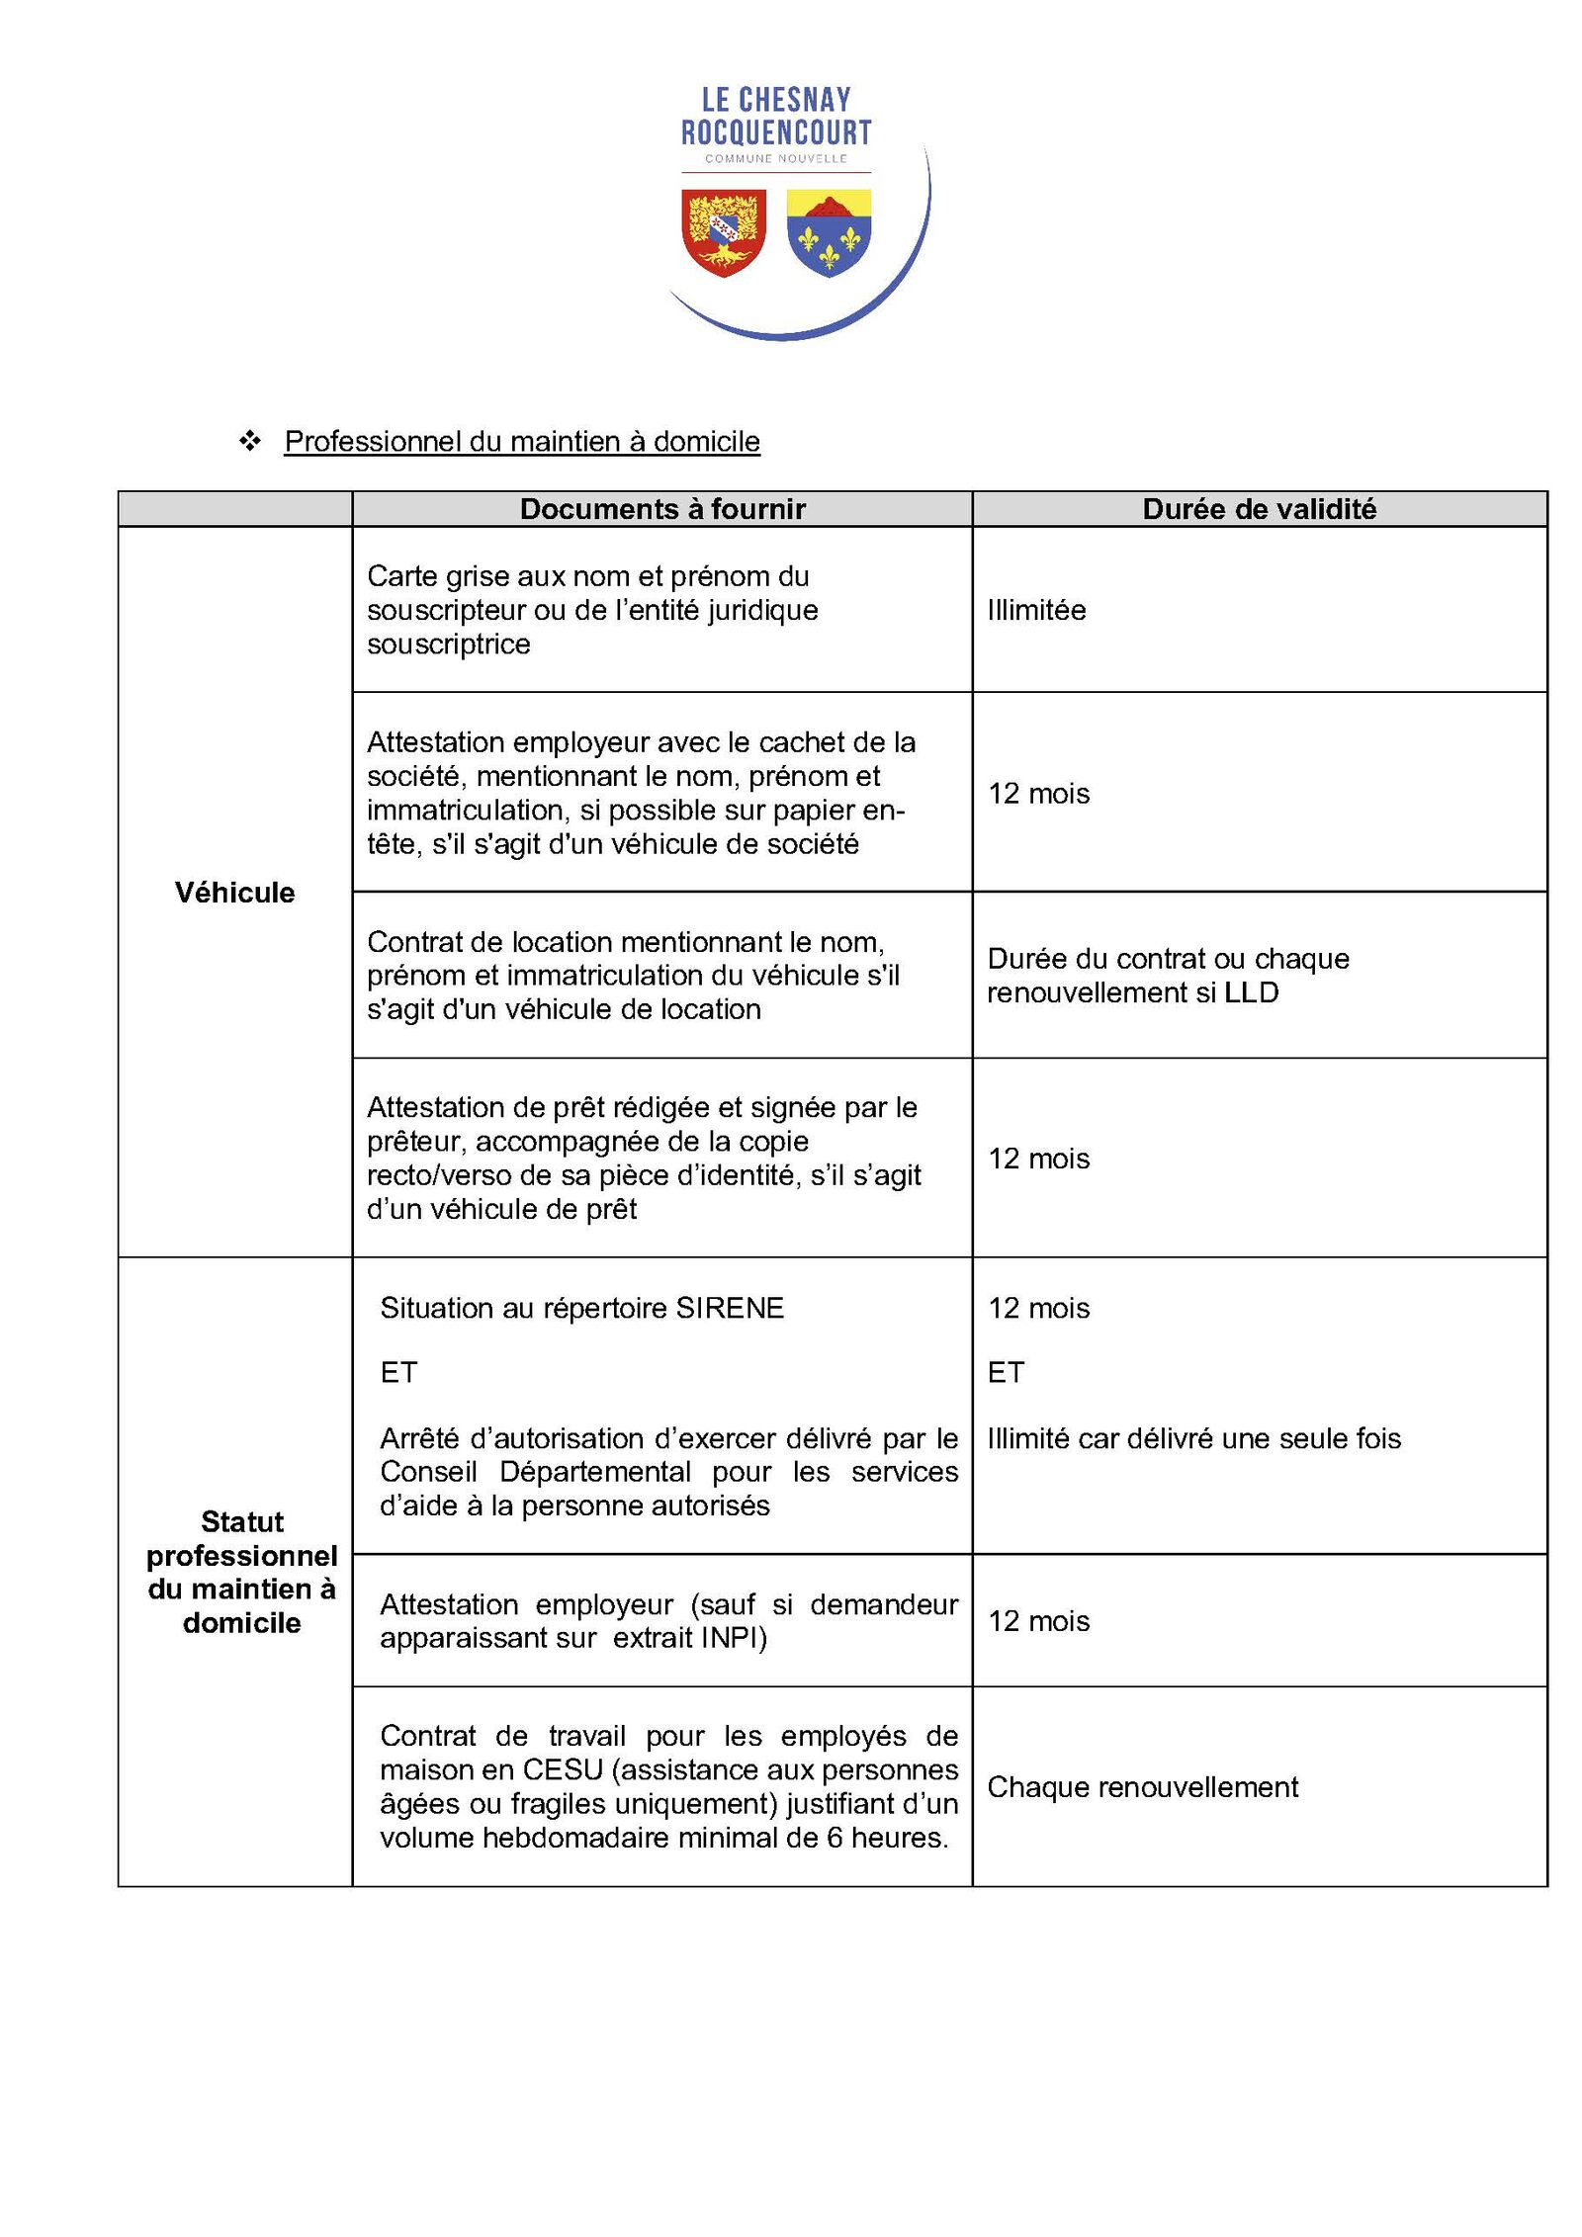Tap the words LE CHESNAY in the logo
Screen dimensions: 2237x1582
click(776, 100)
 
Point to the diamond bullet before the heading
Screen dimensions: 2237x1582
click(250, 440)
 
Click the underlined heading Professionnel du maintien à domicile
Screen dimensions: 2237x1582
click(522, 441)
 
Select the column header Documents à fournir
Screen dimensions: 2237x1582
click(662, 509)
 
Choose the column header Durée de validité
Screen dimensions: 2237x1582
click(1259, 509)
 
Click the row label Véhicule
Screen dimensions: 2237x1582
click(234, 893)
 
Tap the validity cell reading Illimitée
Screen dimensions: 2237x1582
click(1036, 610)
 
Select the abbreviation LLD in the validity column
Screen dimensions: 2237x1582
click(1251, 992)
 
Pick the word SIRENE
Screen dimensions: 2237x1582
click(730, 1308)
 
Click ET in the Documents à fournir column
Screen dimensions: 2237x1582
click(398, 1372)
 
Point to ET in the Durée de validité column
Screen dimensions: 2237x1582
click(1006, 1372)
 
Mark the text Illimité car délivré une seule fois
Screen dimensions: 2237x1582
click(1193, 1438)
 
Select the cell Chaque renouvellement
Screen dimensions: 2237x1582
click(1142, 1787)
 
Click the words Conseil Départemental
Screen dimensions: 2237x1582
click(535, 1472)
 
